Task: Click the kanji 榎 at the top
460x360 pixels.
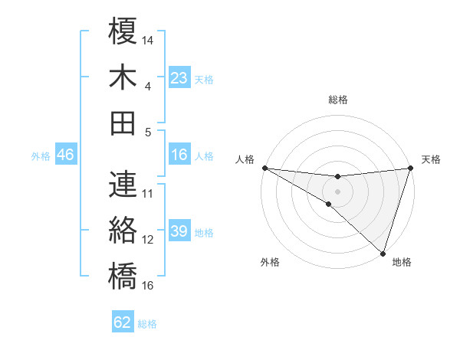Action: point(123,33)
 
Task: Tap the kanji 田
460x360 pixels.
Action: point(123,122)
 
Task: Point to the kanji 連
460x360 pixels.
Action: point(123,184)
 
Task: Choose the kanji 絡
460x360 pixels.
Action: point(123,230)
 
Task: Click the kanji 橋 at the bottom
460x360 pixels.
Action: point(123,275)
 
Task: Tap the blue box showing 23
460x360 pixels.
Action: point(179,77)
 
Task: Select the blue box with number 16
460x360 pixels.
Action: point(179,155)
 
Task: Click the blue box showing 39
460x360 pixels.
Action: point(179,232)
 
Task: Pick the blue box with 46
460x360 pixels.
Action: point(65,155)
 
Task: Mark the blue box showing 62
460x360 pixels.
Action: point(123,322)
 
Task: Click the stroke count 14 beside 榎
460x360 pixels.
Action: point(149,39)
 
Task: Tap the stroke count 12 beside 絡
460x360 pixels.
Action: point(149,240)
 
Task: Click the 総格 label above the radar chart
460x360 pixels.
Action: point(337,100)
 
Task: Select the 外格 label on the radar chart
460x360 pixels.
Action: point(270,263)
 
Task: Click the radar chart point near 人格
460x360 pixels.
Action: point(264,168)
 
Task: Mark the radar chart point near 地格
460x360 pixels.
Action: point(383,252)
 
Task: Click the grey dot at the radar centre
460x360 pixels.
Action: point(337,191)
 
